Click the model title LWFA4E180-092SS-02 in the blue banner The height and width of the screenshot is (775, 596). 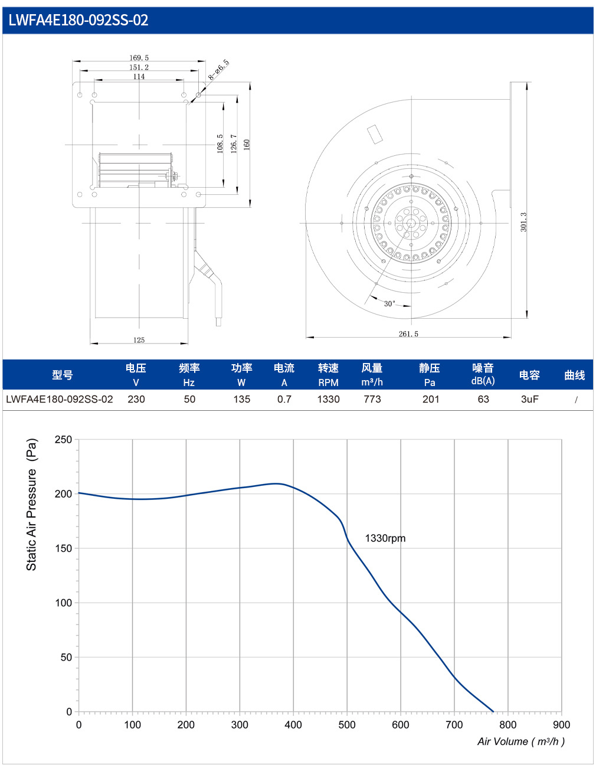pyautogui.click(x=78, y=20)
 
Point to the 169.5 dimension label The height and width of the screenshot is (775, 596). pyautogui.click(x=139, y=58)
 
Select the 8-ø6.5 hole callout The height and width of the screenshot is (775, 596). pyautogui.click(x=218, y=70)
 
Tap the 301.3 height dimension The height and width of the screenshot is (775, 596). pyautogui.click(x=523, y=222)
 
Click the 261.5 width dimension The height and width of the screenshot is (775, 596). pyautogui.click(x=408, y=334)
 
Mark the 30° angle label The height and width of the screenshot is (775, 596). pyautogui.click(x=389, y=303)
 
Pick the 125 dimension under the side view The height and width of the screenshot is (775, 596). pyautogui.click(x=139, y=340)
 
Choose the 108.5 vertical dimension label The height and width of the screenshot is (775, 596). pyautogui.click(x=220, y=144)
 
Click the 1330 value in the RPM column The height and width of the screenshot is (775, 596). pyautogui.click(x=328, y=399)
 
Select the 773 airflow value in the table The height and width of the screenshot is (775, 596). pyautogui.click(x=372, y=399)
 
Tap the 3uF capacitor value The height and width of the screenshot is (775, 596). pyautogui.click(x=530, y=399)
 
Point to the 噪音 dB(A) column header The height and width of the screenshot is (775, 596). pyautogui.click(x=483, y=374)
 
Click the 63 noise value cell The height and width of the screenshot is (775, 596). pyautogui.click(x=483, y=399)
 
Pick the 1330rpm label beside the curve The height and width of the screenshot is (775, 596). pyautogui.click(x=385, y=538)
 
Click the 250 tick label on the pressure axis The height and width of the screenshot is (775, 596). pyautogui.click(x=64, y=439)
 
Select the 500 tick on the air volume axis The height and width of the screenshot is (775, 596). pyautogui.click(x=347, y=725)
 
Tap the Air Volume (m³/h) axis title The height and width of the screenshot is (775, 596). pyautogui.click(x=521, y=741)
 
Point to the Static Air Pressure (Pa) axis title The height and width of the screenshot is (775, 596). pyautogui.click(x=32, y=504)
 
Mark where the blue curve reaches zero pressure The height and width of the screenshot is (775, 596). pyautogui.click(x=493, y=712)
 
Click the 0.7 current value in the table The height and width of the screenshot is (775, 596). pyautogui.click(x=284, y=399)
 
